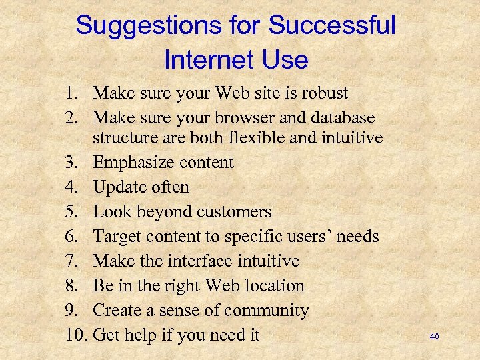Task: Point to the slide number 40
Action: [434, 337]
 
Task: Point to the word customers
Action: [233, 212]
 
